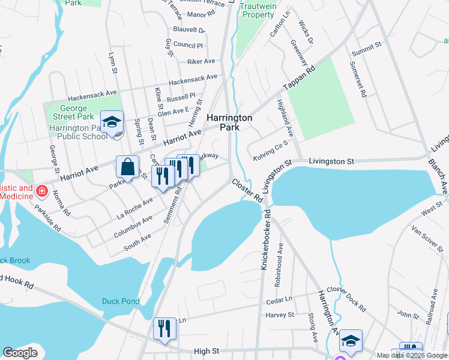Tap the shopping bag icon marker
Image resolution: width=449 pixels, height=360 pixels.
[x=128, y=167]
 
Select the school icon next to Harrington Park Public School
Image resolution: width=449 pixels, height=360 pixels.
[x=112, y=122]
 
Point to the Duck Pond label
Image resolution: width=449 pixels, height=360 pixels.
[x=121, y=301]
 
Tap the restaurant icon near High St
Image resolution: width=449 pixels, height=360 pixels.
[x=164, y=329]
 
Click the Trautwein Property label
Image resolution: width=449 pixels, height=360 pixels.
[x=257, y=10]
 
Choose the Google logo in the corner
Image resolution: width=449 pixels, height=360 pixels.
[x=20, y=353]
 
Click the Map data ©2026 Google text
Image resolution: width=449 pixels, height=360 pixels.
[x=412, y=355]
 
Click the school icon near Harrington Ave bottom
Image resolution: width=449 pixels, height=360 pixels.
[x=351, y=341]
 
